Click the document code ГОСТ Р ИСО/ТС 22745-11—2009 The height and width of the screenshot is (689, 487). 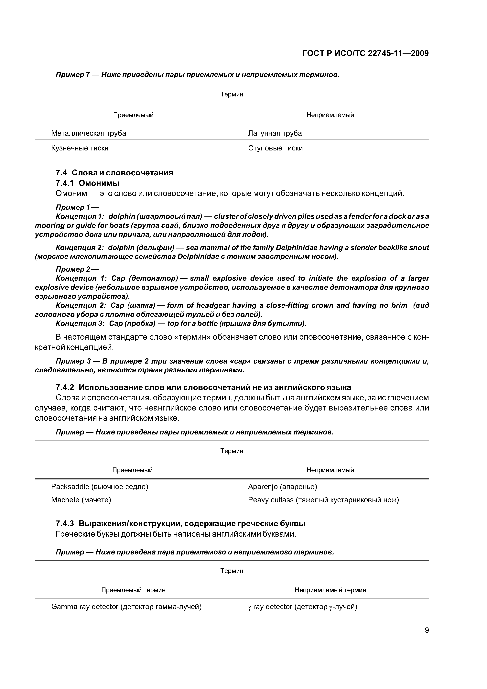tap(365, 53)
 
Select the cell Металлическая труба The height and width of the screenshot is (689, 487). tap(89, 133)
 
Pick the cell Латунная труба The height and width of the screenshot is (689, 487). tap(275, 133)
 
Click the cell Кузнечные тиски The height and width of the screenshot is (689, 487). tap(80, 148)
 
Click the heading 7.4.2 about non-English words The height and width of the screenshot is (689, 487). tap(203, 387)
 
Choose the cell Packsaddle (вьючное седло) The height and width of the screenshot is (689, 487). tap(100, 487)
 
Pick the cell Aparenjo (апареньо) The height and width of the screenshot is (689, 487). tap(282, 487)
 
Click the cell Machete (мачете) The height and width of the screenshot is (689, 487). tap(81, 500)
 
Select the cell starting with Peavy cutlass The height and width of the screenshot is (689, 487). tap(323, 500)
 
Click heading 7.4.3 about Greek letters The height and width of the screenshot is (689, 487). tap(180, 524)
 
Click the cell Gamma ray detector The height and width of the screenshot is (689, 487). tap(126, 607)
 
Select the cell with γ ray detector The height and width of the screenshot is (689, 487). tap(302, 607)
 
